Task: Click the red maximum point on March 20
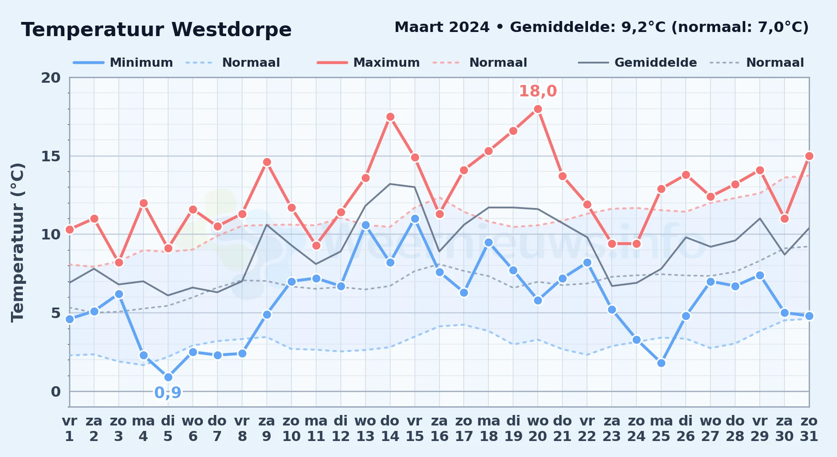pos(538,109)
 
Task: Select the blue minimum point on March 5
pos(168,377)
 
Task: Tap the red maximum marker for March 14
pos(390,117)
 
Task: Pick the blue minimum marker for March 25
pos(661,363)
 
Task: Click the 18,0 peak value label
pos(538,91)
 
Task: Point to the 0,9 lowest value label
pos(168,393)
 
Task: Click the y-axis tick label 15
pos(51,156)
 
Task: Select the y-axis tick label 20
pos(51,78)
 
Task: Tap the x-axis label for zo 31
pos(809,429)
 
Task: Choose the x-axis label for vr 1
pos(69,429)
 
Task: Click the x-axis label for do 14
pos(390,429)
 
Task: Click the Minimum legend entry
pos(123,63)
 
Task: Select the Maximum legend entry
pos(368,63)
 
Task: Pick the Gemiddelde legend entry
pos(637,63)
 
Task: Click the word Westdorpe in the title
pos(232,30)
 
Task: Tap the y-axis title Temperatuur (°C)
pos(17,242)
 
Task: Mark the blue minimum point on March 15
pos(415,219)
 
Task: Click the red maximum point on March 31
pos(809,156)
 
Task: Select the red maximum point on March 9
pos(267,162)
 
